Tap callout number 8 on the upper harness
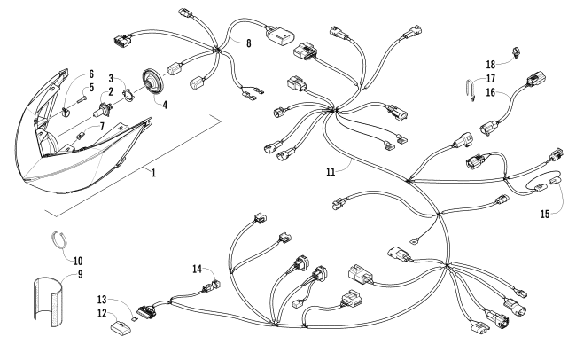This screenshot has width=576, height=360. coord(248,43)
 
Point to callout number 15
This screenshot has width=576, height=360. coord(544,214)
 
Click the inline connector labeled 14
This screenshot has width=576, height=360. coord(214,285)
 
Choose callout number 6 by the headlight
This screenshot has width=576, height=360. coord(90,74)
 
